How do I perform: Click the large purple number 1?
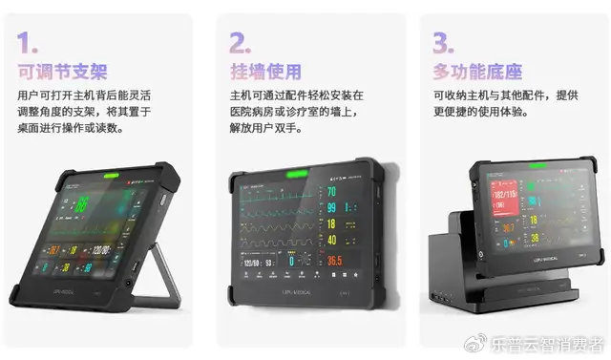pyautogui.click(x=29, y=41)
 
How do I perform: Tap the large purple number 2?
pyautogui.click(x=239, y=41)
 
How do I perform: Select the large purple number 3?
pyautogui.click(x=442, y=41)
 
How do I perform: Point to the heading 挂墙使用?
pyautogui.click(x=264, y=71)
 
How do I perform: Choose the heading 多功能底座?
pyautogui.click(x=468, y=71)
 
